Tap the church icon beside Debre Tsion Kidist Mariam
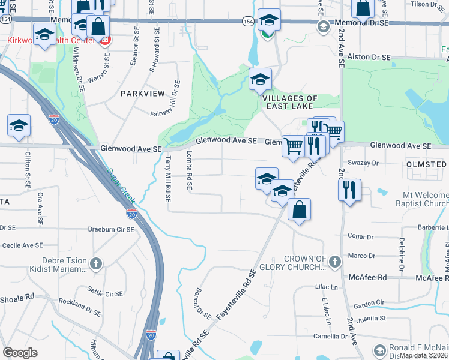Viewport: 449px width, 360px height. [x=96, y=263]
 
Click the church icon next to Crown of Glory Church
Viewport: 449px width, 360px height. [x=335, y=261]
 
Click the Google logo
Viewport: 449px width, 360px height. [x=20, y=353]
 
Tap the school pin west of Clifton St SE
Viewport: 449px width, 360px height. [x=19, y=126]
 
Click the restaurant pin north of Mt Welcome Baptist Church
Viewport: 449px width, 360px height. [x=349, y=190]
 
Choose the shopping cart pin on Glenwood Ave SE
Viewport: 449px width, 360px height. [x=293, y=145]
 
